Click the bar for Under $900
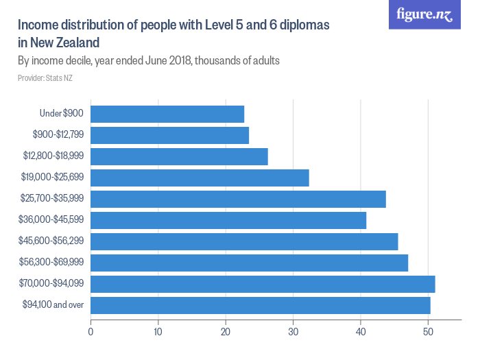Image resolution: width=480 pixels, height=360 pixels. coord(167,114)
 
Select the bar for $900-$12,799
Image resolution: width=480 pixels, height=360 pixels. coord(169,135)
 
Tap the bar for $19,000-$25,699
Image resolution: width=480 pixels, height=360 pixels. coord(200,178)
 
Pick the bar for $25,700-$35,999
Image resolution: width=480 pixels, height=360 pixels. coord(238,199)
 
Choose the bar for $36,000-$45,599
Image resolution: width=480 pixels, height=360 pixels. coord(228,220)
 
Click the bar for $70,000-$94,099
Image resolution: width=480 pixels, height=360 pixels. coord(263,284)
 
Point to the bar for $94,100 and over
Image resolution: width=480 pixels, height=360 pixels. coord(261,305)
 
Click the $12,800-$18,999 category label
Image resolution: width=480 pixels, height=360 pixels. coord(51,156)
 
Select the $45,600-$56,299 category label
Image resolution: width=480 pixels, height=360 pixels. coord(51,241)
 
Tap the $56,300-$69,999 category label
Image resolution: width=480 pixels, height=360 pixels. coord(51,263)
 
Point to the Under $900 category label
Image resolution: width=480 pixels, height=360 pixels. coord(62,114)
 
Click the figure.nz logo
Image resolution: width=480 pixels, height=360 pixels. coord(425,14)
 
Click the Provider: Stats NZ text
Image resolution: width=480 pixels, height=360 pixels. coord(45,78)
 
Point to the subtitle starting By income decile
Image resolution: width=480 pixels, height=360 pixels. coord(148,61)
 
